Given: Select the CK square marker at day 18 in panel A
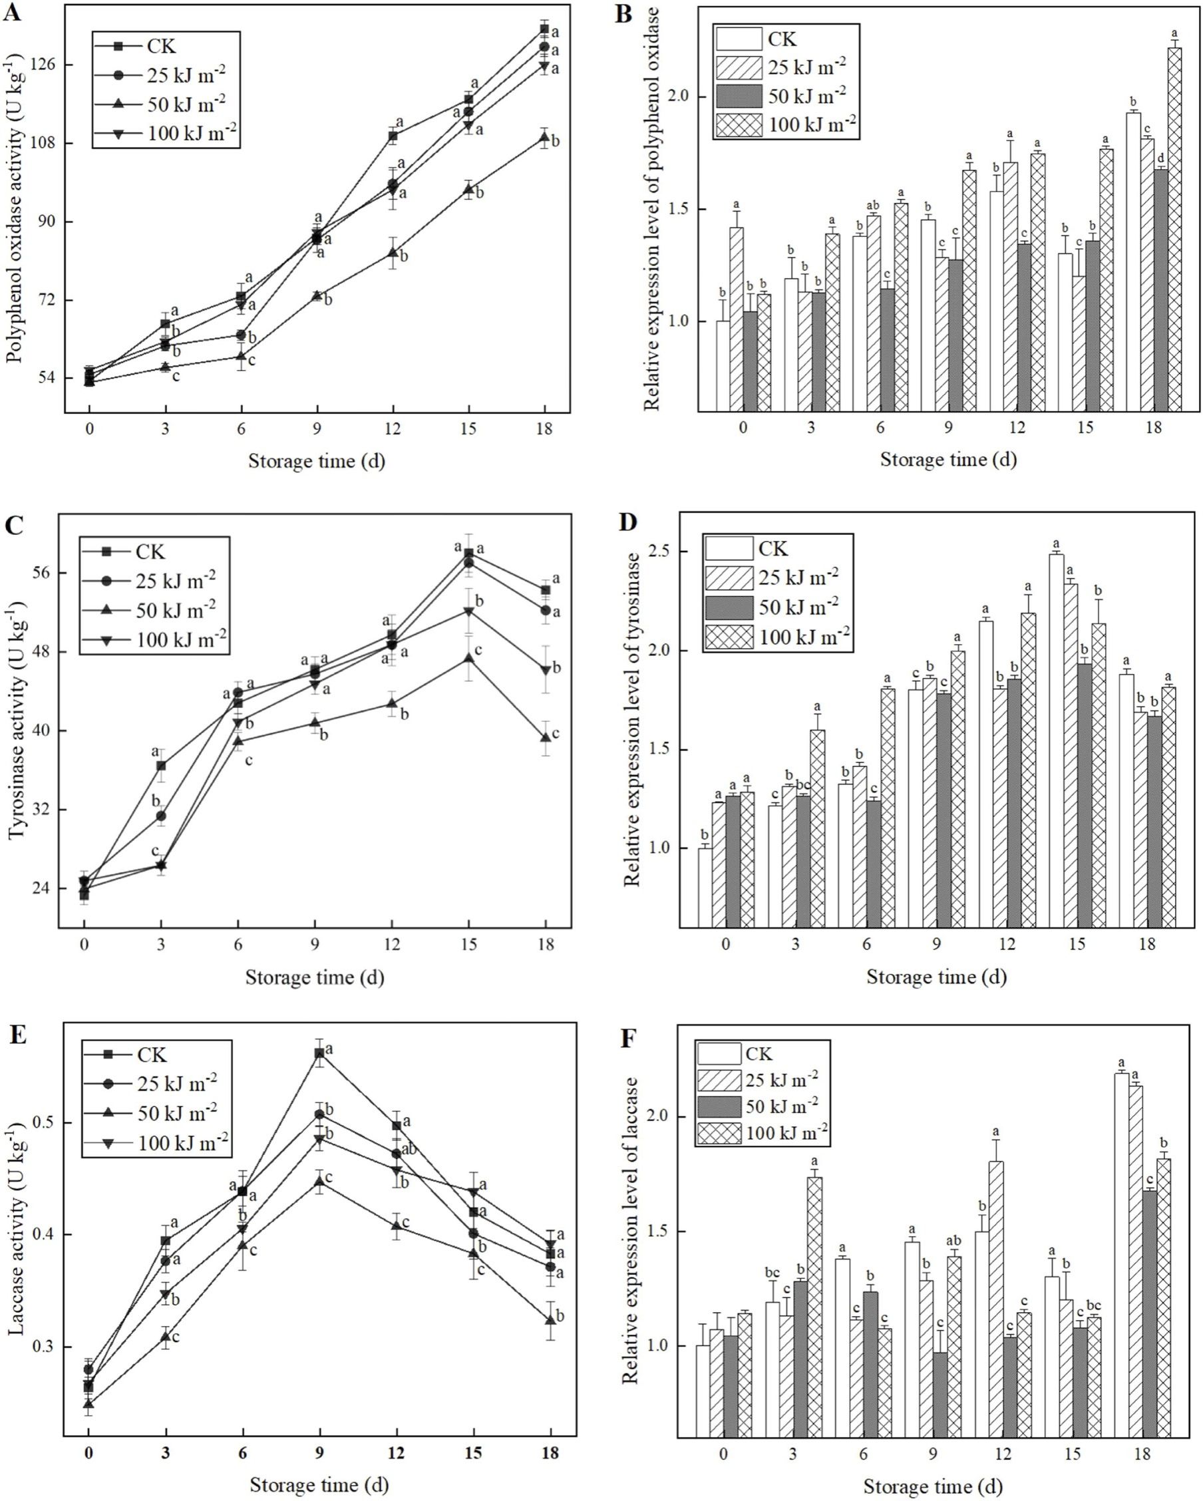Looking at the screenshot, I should [x=544, y=29].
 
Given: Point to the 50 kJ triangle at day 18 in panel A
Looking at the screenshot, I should [x=544, y=137].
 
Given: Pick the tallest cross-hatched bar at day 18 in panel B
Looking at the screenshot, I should [x=1174, y=230].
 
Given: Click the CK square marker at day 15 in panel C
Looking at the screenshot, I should [x=468, y=554].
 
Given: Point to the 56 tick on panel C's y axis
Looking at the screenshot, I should [x=41, y=573].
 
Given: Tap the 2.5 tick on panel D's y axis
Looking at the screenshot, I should [x=665, y=552].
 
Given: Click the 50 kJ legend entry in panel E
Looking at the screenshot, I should [x=157, y=1114].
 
